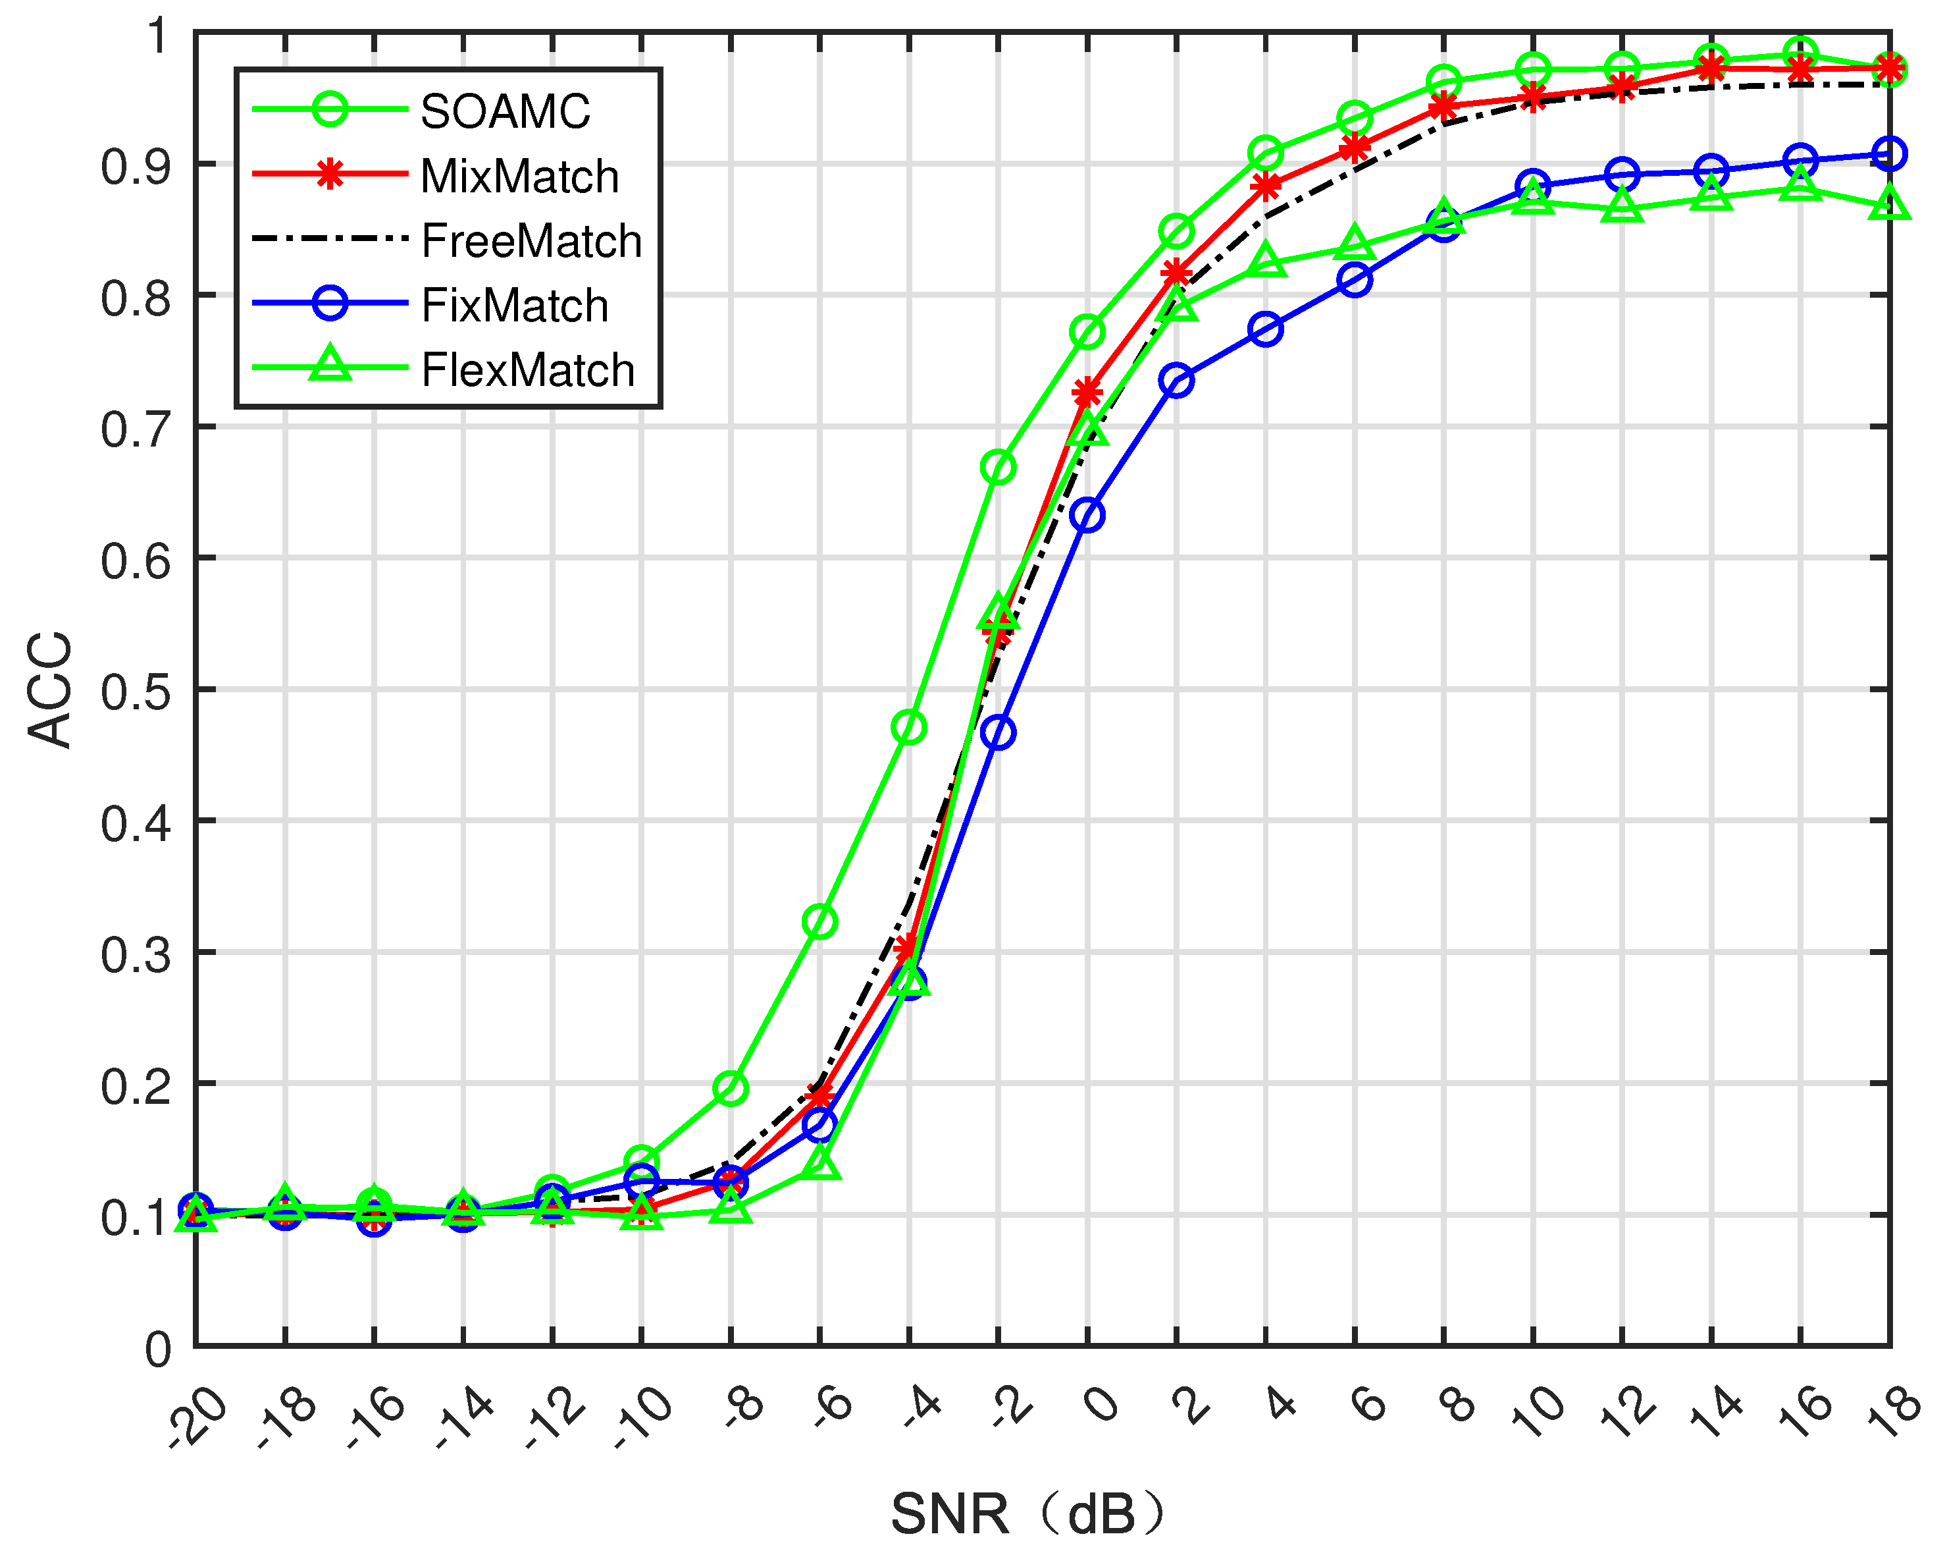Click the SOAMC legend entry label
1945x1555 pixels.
point(506,112)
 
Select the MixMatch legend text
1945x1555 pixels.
point(519,177)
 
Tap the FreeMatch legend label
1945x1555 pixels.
point(531,241)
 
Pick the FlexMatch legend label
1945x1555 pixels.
point(528,371)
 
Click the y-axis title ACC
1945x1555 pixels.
point(49,690)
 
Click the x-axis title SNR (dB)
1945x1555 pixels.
point(1028,1514)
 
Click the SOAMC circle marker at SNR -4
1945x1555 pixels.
point(908,727)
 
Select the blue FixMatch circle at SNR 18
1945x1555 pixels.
point(1889,153)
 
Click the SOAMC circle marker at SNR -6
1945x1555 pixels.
point(819,921)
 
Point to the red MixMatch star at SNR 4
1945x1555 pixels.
point(1266,188)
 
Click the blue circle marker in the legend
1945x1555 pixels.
point(330,303)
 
